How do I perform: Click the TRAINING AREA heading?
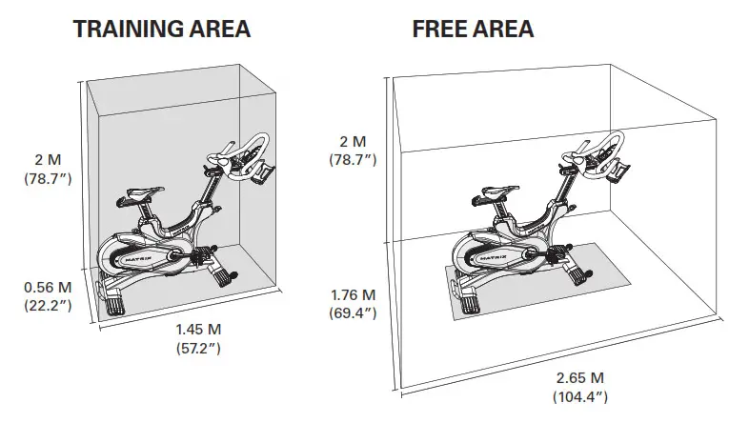(x=161, y=29)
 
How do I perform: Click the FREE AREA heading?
(x=473, y=29)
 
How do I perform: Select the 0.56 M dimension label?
(x=47, y=287)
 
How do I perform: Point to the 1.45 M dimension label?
(x=198, y=330)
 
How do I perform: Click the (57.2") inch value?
(x=198, y=348)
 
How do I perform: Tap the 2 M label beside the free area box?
(x=353, y=140)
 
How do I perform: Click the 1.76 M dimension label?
(x=353, y=294)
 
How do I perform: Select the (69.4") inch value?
(x=353, y=312)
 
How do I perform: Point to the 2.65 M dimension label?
(x=578, y=377)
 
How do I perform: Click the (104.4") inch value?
(x=578, y=395)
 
